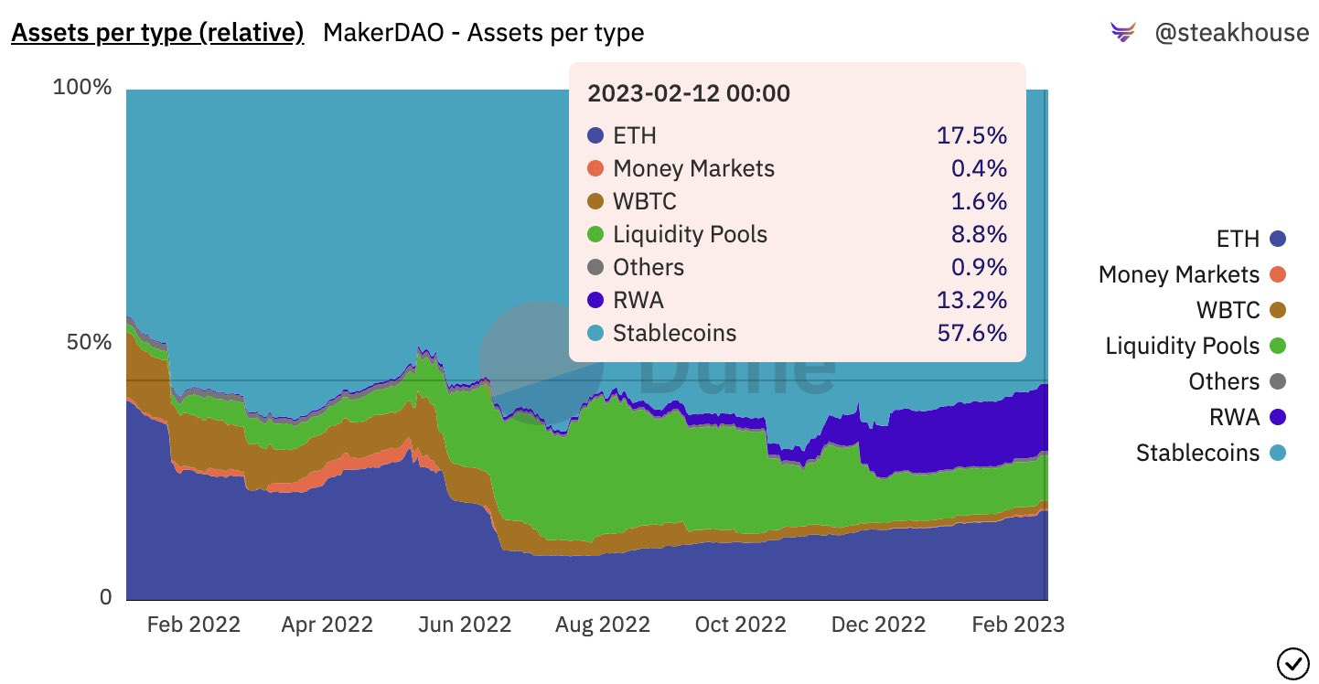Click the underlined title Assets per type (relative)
[157, 34]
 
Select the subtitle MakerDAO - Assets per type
[483, 34]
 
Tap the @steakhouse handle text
[1231, 34]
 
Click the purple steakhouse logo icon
[1122, 34]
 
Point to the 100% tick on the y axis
[82, 88]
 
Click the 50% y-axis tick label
[88, 343]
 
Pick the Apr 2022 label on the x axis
[327, 625]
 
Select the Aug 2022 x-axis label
[603, 625]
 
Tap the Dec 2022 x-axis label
[879, 625]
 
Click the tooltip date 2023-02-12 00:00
[688, 93]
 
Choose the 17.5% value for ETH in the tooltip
[971, 136]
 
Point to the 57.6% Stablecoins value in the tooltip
[971, 333]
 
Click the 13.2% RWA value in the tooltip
[971, 300]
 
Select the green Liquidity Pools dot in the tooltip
[595, 235]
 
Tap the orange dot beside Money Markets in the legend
[1278, 274]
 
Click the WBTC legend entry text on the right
[1228, 310]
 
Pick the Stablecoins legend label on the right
[1197, 453]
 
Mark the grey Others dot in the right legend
[1278, 381]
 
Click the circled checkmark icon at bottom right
[1291, 660]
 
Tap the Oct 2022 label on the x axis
[741, 625]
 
